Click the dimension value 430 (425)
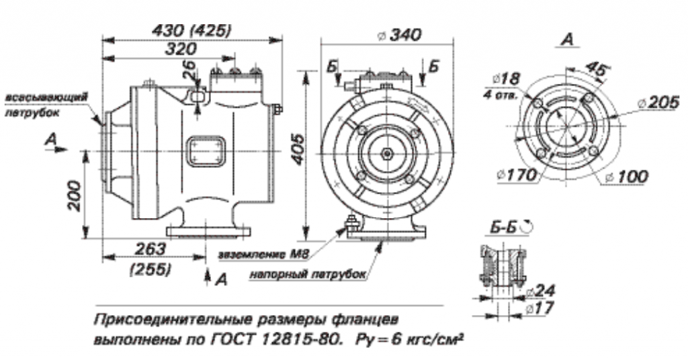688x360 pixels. [x=193, y=30]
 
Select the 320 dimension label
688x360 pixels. [x=181, y=49]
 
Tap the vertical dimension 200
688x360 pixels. [x=75, y=194]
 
